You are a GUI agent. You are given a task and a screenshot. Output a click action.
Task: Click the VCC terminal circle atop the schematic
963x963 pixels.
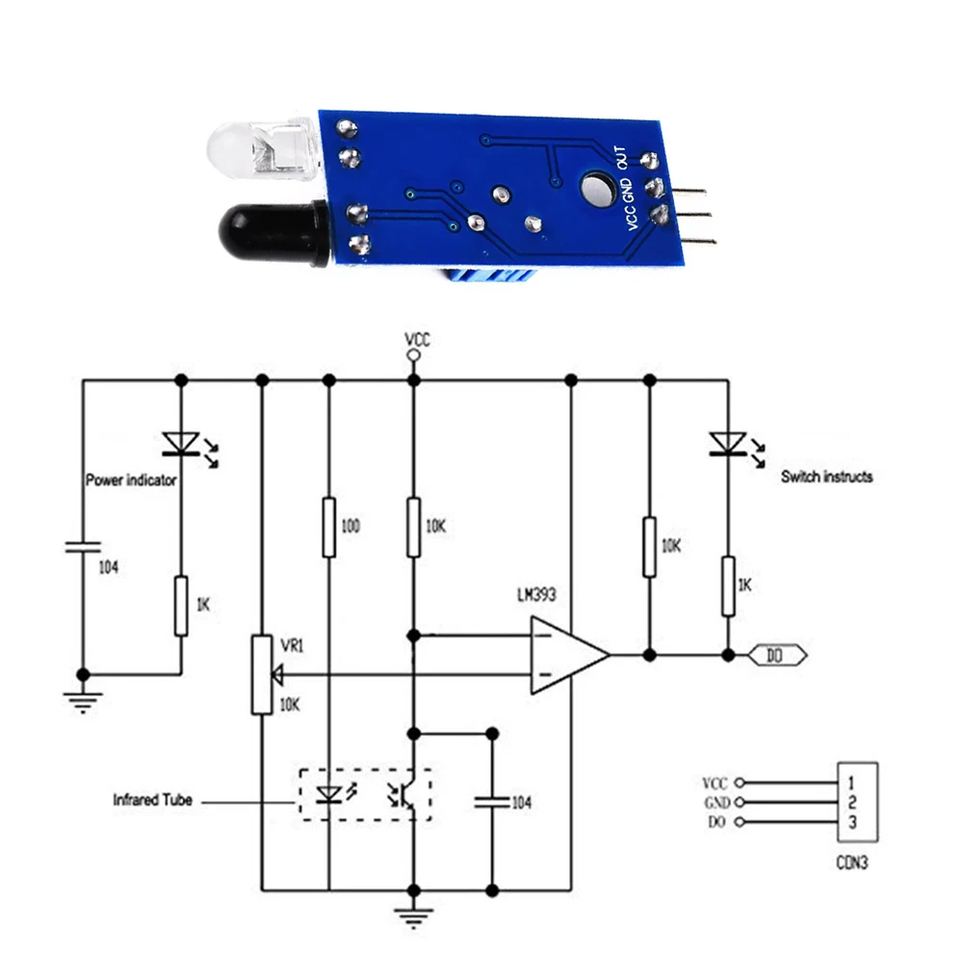click(414, 355)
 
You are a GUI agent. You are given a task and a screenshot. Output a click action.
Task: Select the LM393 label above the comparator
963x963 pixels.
click(535, 596)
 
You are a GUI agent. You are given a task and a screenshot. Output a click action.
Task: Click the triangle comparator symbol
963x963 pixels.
click(568, 656)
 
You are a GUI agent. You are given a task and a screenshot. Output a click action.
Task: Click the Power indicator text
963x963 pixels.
click(131, 480)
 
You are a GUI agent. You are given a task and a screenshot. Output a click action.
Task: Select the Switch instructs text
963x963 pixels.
click(826, 477)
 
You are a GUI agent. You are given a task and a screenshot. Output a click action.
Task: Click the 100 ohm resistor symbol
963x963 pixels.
click(329, 527)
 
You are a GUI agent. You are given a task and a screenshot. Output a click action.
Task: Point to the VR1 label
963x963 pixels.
click(292, 647)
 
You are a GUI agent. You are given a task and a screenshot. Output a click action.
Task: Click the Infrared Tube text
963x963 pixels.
click(152, 799)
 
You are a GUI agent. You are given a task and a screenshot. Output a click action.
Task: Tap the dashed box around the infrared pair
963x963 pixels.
click(366, 794)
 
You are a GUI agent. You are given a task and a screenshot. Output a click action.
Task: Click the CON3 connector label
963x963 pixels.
click(851, 864)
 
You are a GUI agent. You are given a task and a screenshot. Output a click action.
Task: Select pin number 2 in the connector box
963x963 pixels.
click(853, 802)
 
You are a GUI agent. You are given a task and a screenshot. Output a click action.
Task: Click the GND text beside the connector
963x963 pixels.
click(716, 802)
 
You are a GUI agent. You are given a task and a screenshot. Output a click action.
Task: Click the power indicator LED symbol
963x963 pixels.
click(180, 442)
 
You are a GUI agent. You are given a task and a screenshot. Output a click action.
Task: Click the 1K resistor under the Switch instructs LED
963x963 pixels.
click(729, 586)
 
